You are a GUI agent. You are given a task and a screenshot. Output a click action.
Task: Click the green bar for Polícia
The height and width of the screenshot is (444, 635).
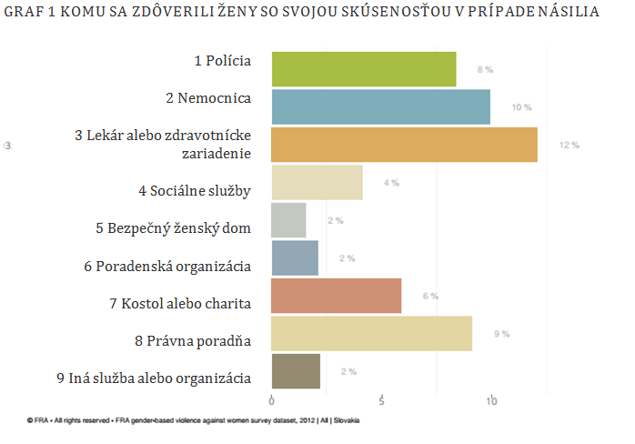(x=364, y=70)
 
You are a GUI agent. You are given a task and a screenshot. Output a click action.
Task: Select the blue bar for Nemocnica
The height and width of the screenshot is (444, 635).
(x=381, y=107)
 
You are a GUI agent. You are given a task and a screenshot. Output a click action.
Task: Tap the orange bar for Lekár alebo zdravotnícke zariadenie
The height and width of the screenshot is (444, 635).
(x=405, y=145)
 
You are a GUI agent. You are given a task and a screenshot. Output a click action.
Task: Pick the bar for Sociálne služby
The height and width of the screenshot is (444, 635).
(x=317, y=183)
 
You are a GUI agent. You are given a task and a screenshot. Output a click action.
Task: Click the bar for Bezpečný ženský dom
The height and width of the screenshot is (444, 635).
(x=289, y=220)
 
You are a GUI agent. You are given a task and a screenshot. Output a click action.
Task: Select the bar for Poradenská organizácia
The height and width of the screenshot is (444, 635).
(x=295, y=258)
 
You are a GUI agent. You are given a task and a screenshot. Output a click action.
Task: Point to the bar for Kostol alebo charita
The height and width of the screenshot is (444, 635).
(x=337, y=296)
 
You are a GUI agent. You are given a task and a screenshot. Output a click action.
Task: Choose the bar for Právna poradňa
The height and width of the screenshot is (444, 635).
(x=372, y=334)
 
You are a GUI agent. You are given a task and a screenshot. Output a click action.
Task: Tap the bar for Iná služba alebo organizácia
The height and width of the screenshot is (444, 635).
(x=296, y=371)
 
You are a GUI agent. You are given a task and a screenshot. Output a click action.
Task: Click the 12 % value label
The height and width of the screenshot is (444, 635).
(x=569, y=146)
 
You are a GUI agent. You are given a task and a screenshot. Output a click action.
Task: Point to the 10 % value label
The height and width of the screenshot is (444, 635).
(x=521, y=107)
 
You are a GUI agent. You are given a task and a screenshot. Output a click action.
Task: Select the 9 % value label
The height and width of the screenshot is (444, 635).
(x=501, y=334)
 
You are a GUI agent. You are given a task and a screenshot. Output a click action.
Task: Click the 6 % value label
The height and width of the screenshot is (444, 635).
(x=430, y=297)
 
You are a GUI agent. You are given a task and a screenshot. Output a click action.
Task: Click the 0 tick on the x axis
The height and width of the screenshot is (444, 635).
(x=272, y=400)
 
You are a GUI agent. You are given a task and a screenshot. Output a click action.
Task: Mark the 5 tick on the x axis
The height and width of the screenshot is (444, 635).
(x=382, y=400)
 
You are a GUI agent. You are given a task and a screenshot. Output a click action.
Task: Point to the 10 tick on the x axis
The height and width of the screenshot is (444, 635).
(x=491, y=400)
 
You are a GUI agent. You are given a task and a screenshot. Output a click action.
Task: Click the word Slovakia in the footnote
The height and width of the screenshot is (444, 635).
(x=346, y=420)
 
